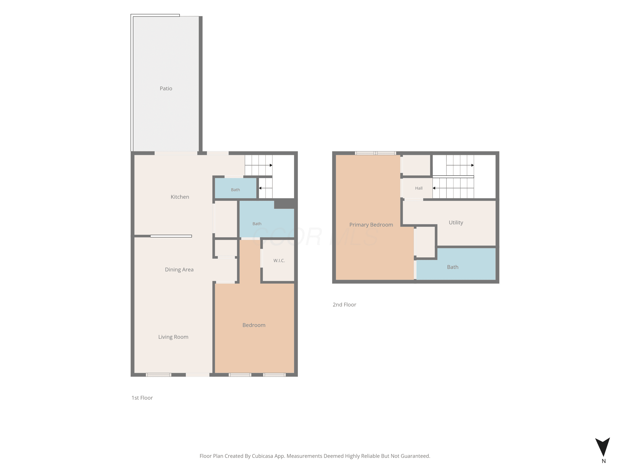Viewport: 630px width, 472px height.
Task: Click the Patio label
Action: coord(166,89)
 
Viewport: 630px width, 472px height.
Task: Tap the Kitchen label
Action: coord(180,197)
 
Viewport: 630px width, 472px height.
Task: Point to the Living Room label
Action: coord(173,337)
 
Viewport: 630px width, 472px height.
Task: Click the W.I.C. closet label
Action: coord(279,261)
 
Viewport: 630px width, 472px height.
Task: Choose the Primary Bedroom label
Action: coord(371,225)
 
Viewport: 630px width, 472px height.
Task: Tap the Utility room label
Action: coord(456,223)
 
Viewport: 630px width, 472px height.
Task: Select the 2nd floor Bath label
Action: coord(453,267)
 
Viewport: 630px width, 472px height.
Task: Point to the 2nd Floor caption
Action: coord(344,305)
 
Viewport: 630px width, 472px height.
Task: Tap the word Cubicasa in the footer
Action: coord(262,456)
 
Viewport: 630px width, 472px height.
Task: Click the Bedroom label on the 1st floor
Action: coord(254,325)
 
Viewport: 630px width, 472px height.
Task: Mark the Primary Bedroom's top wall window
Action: coord(375,153)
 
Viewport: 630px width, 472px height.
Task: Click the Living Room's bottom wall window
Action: coord(159,375)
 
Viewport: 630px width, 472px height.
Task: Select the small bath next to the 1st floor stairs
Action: coord(235,188)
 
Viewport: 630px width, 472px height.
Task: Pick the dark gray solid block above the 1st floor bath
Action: coord(284,204)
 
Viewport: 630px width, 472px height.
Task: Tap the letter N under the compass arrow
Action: coord(604,461)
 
